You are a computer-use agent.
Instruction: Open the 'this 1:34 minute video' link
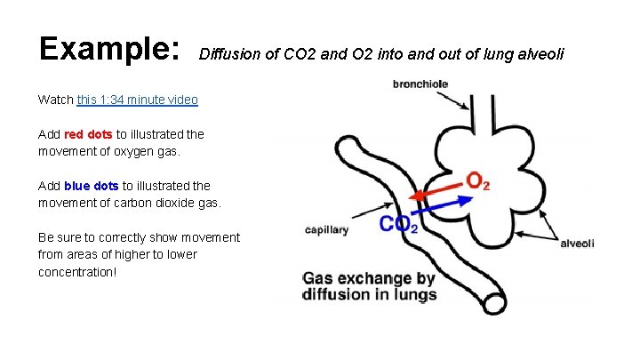(137, 100)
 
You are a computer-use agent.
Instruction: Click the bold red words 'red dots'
(88, 134)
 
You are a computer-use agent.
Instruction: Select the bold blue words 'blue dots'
(92, 186)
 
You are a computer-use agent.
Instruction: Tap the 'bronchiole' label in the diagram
(420, 84)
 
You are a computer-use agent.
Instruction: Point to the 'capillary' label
(326, 229)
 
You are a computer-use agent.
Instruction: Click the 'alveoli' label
(576, 243)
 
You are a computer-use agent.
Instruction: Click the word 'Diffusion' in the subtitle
(227, 55)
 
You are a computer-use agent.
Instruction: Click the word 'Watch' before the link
(56, 100)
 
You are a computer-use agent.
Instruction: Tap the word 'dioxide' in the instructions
(172, 203)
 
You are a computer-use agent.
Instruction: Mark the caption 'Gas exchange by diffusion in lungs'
(369, 286)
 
